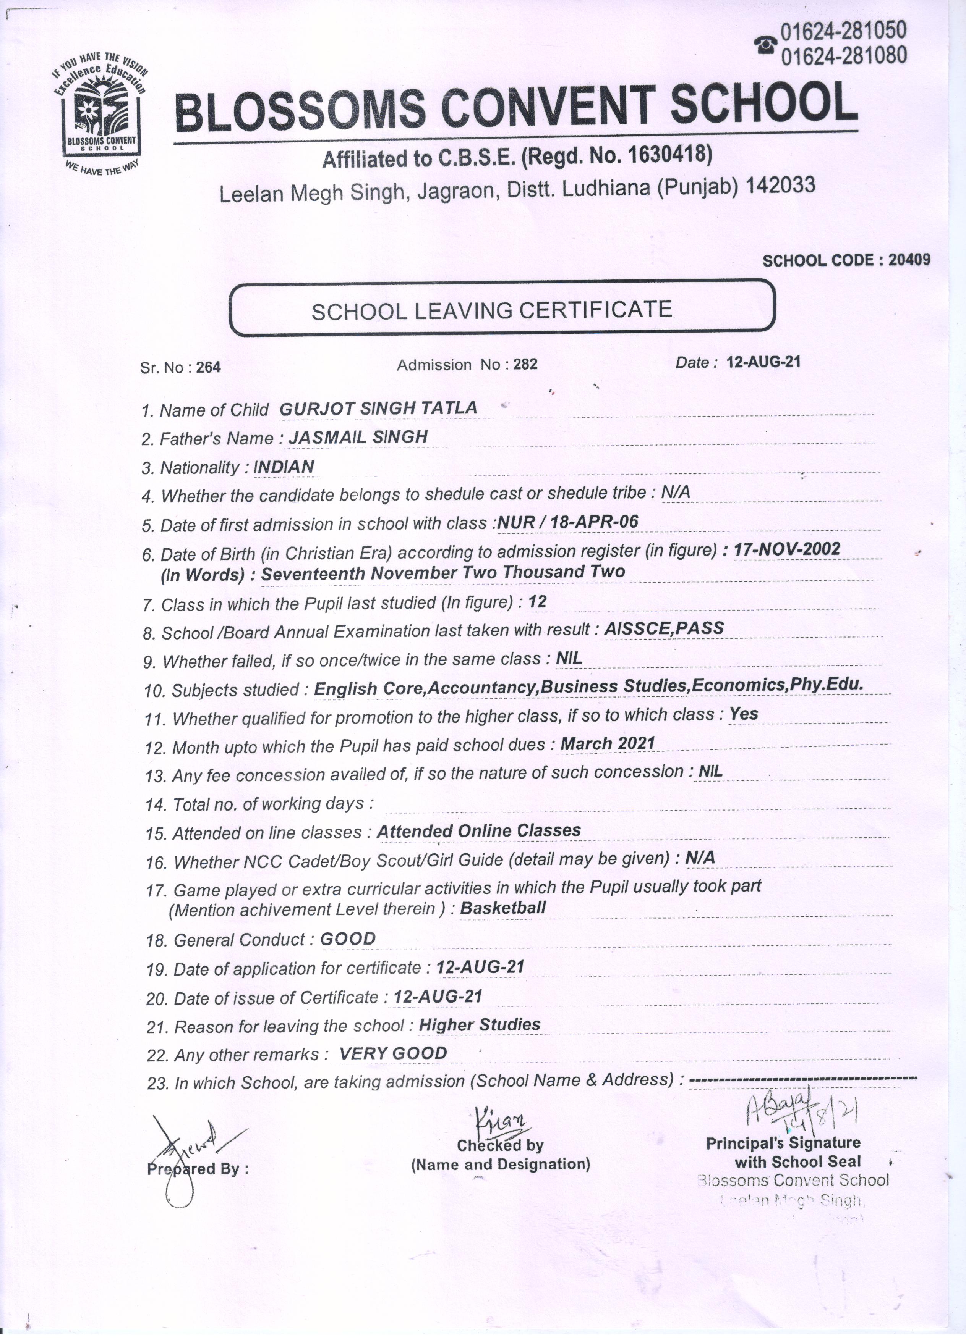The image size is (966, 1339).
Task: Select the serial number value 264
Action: coord(209,368)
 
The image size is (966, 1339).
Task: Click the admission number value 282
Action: coord(525,364)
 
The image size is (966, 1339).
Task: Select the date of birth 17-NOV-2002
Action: coord(786,549)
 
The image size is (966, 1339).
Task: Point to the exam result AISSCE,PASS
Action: coord(664,628)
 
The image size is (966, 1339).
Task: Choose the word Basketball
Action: coord(503,908)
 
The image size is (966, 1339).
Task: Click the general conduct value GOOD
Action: coord(348,939)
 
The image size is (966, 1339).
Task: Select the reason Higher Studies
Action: coord(479,1024)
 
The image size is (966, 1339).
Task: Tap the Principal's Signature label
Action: coord(783,1143)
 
